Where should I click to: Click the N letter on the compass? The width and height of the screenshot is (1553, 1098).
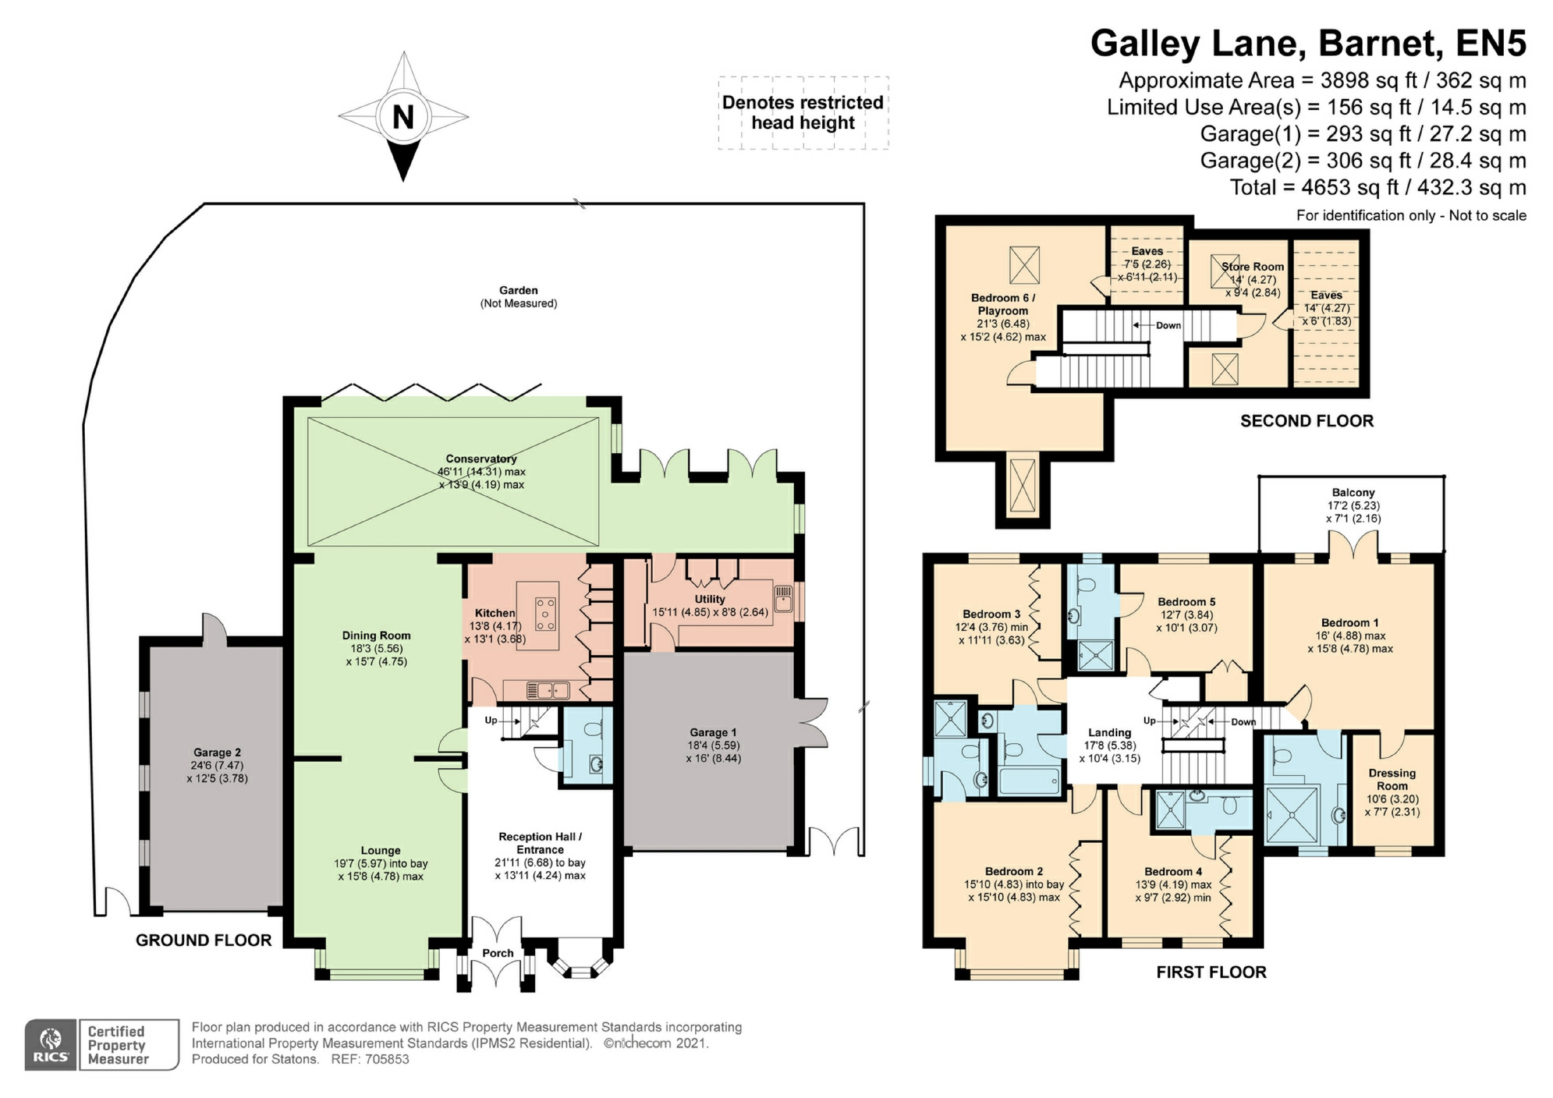click(x=403, y=117)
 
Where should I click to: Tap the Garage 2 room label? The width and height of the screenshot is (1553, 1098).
click(x=217, y=752)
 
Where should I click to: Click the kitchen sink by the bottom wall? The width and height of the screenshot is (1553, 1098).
click(x=548, y=691)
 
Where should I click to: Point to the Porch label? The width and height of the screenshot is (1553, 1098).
click(x=498, y=952)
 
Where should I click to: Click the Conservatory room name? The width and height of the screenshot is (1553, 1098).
click(x=481, y=459)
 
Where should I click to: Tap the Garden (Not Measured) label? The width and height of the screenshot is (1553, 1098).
click(x=518, y=296)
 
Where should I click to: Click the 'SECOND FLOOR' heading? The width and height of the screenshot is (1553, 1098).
click(x=1306, y=421)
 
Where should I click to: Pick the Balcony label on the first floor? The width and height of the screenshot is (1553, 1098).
click(x=1353, y=493)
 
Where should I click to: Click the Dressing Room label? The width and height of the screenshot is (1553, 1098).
click(x=1391, y=779)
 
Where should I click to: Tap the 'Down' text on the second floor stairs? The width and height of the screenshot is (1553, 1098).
click(x=1168, y=325)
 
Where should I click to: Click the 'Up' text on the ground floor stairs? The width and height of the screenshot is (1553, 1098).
click(x=491, y=720)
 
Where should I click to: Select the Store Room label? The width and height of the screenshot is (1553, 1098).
click(x=1253, y=267)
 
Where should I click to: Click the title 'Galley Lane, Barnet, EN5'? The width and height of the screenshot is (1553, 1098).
click(x=1308, y=43)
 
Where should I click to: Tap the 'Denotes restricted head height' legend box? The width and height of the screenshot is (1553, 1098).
click(x=803, y=112)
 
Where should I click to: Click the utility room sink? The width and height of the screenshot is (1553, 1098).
click(x=783, y=599)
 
